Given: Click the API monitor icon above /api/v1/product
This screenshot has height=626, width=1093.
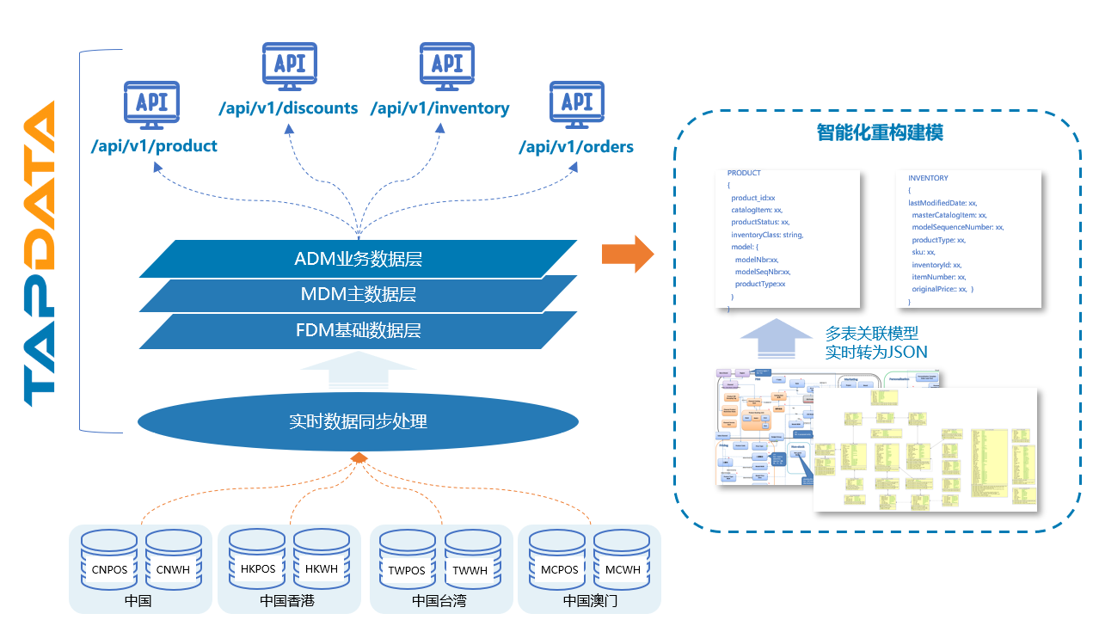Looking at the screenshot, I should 152,105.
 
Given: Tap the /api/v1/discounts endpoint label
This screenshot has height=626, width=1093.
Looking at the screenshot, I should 288,108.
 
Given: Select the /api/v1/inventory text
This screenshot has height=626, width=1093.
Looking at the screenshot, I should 439,108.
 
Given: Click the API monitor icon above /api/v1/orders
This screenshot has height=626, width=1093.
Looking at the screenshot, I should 577,105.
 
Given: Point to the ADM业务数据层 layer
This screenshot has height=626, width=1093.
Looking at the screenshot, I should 358,258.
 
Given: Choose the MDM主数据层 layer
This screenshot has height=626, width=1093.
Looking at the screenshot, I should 358,294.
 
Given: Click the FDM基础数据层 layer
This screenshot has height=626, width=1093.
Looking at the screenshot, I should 358,330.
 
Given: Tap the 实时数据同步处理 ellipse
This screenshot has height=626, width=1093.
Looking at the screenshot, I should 358,421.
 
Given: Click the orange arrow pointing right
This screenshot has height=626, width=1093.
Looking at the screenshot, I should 627,255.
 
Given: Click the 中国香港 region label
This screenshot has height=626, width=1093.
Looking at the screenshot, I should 287,600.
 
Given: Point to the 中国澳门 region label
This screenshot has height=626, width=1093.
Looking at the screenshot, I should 590,600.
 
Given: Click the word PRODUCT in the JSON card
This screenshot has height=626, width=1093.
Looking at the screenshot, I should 744,173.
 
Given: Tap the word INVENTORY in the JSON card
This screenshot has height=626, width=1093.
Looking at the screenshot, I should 928,178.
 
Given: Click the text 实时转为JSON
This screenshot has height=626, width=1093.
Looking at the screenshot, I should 876,353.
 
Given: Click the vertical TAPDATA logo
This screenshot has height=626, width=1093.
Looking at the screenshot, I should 40,254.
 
